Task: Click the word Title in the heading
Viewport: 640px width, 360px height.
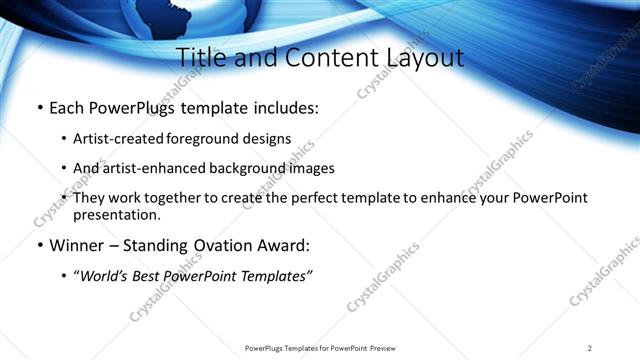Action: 201,57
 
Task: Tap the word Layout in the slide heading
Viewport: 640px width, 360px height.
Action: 421,57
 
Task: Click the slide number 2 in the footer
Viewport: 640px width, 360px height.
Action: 590,348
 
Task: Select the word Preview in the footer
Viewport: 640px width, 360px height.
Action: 385,348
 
